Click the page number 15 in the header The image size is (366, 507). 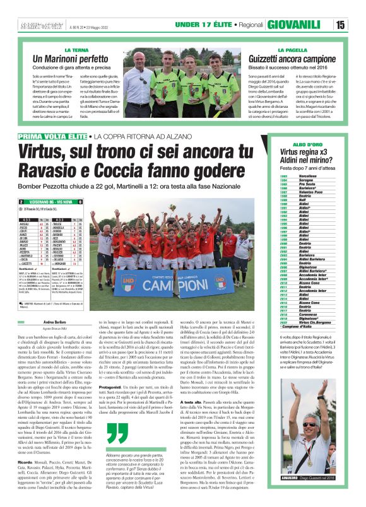tap(357, 25)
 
